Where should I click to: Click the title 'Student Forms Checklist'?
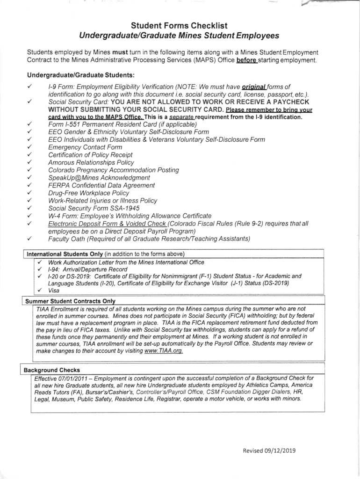pyautogui.click(x=179, y=26)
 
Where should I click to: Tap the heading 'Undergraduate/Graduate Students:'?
pyautogui.click(x=81, y=75)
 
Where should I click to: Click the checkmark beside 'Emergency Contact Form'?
pyautogui.click(x=29, y=147)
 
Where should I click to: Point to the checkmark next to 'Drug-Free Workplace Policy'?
pyautogui.click(x=29, y=193)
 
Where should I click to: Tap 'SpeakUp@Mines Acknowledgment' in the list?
pyautogui.click(x=99, y=178)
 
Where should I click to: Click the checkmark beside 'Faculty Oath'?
pyautogui.click(x=29, y=239)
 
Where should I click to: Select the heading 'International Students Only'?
pyautogui.click(x=65, y=254)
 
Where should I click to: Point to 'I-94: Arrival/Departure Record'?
pyautogui.click(x=87, y=269)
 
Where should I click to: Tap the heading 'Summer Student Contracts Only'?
pyautogui.click(x=70, y=301)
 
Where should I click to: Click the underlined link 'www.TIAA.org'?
pyautogui.click(x=163, y=351)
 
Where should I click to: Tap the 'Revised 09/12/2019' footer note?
pyautogui.click(x=269, y=451)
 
